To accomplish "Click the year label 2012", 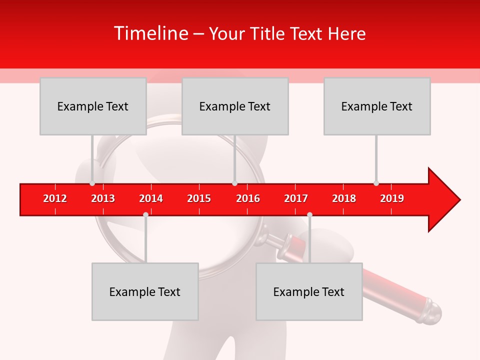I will click(55, 198).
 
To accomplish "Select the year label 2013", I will click(103, 198).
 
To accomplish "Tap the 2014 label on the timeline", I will click(151, 198).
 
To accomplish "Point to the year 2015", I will click(199, 198).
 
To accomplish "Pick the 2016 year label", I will click(248, 198).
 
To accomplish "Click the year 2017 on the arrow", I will click(296, 198).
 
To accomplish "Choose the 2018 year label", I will click(344, 198).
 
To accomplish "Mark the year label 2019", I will click(392, 198).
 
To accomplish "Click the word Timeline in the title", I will click(150, 33).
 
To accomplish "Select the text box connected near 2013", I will click(93, 106).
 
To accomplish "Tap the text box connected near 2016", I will click(235, 106).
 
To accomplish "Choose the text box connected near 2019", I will click(377, 106).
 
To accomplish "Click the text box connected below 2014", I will click(145, 291).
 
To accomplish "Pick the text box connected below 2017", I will click(309, 291).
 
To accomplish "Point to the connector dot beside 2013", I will click(92, 183).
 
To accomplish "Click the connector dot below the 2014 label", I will click(145, 214).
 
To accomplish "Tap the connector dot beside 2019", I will click(376, 183).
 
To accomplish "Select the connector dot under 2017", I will click(309, 214).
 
